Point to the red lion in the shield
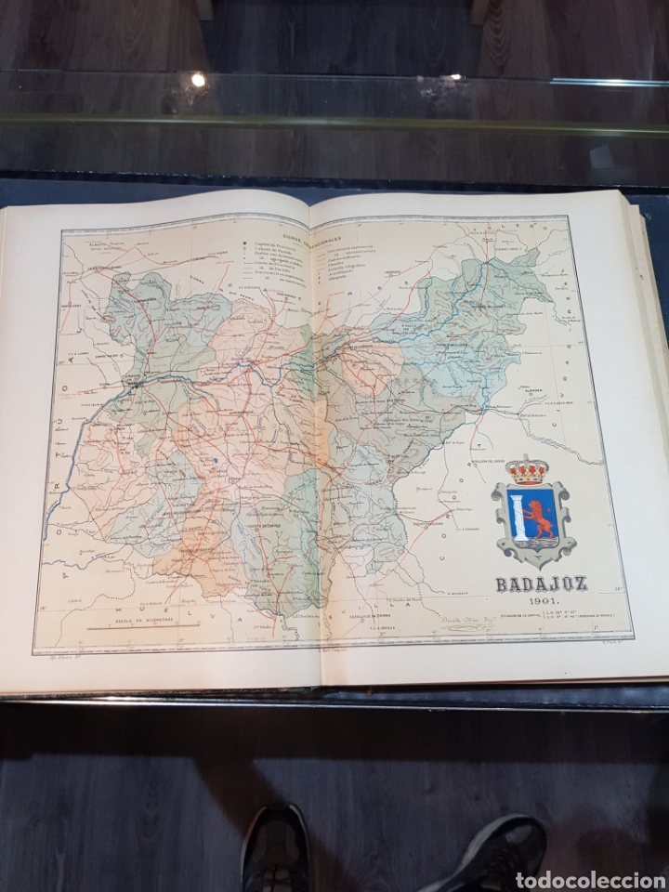pos(542,517)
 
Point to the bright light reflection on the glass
pos(198,80)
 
